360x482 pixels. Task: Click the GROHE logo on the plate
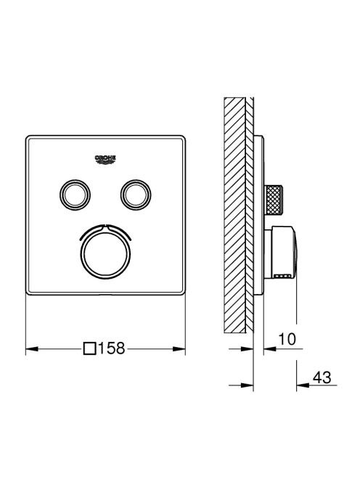(x=105, y=159)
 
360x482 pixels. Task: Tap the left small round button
(x=75, y=195)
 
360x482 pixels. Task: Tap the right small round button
(x=136, y=195)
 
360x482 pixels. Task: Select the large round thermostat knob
(x=105, y=254)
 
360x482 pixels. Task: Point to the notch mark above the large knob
(x=105, y=227)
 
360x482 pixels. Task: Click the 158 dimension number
(x=111, y=348)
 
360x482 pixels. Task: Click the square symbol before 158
(x=89, y=349)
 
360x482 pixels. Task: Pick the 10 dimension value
(x=287, y=339)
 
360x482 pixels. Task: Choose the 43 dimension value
(x=322, y=377)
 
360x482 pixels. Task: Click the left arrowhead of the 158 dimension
(x=32, y=349)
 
